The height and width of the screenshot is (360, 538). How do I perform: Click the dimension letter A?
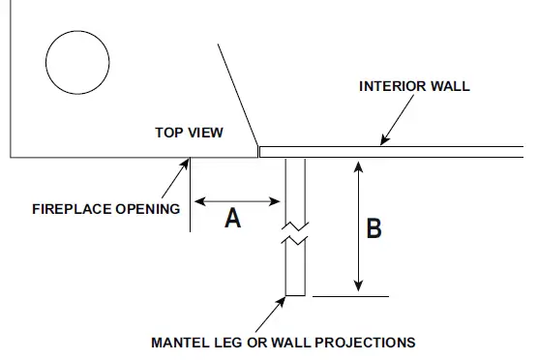(x=233, y=219)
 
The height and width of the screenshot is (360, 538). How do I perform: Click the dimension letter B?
(x=374, y=229)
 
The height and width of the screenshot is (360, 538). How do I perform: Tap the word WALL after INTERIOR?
(x=452, y=86)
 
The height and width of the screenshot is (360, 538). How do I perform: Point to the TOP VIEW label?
(x=189, y=133)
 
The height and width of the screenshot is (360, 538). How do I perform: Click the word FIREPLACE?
(x=72, y=208)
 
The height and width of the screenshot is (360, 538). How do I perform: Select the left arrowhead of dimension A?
(x=199, y=202)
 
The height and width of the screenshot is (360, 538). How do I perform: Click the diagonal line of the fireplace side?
(x=238, y=95)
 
